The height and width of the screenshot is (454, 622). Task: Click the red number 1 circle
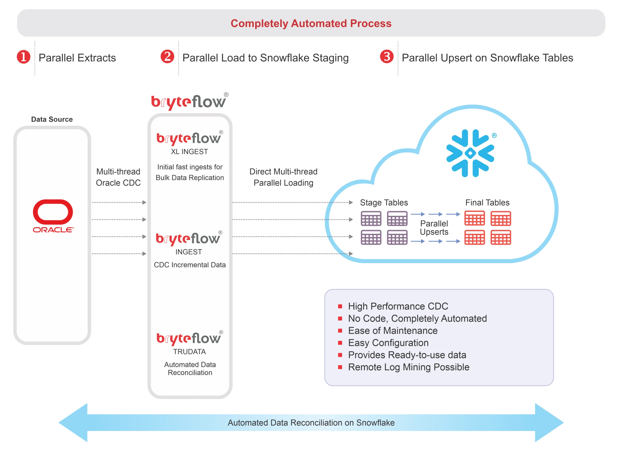24,57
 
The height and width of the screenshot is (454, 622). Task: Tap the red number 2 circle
167,57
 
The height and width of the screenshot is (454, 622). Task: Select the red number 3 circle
387,57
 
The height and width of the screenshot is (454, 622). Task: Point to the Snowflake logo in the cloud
470,153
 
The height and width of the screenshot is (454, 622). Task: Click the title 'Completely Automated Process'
311,23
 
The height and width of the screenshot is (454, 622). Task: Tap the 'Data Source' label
52,119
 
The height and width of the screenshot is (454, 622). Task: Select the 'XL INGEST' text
189,152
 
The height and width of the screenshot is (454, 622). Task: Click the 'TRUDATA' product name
189,351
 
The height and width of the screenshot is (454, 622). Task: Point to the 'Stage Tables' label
384,202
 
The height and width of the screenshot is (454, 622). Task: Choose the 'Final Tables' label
487,202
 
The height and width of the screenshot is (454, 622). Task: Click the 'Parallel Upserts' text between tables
434,227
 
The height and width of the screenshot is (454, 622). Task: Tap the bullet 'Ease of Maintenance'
393,331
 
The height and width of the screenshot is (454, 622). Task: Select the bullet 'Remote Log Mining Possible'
408,367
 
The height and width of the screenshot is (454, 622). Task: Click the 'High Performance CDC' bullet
398,306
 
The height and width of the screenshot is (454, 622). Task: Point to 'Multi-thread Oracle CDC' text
118,177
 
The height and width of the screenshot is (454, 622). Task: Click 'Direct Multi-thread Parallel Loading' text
283,177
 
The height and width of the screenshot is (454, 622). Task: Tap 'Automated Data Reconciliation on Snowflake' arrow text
311,423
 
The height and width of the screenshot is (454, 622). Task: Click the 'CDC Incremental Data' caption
190,265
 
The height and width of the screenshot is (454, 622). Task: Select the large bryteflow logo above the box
189,102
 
